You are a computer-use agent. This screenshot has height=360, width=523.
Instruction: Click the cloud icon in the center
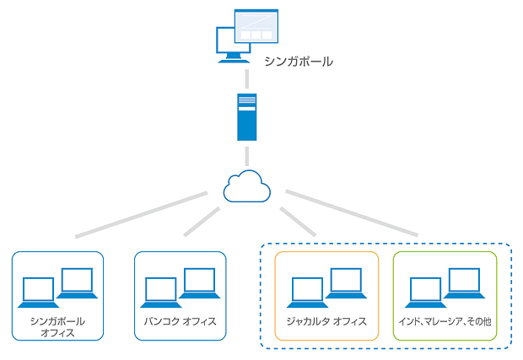[x=246, y=186]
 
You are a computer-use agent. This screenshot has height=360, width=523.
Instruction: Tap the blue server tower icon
[x=246, y=116]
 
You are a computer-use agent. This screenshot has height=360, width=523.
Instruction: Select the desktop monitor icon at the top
[x=245, y=36]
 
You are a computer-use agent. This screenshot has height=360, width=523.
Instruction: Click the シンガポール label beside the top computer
[x=298, y=62]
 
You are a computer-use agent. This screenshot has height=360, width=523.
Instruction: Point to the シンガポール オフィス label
[x=57, y=326]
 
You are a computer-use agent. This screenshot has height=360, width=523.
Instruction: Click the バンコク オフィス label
[x=181, y=321]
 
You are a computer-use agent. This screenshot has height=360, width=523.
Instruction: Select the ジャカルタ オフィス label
[x=327, y=321]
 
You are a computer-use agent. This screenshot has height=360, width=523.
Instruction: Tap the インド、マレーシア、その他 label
[x=445, y=321]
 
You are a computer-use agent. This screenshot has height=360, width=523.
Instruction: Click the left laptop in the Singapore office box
[x=39, y=292]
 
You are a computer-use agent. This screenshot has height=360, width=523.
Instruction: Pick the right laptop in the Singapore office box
[x=76, y=282]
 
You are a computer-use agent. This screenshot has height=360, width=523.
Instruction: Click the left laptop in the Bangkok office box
[x=162, y=292]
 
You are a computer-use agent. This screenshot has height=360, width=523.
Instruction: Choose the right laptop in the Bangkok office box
[x=199, y=282]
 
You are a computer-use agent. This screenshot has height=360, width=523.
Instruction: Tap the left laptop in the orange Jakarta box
[x=307, y=292]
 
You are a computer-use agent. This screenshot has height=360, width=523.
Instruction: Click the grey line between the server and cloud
[x=246, y=155]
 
